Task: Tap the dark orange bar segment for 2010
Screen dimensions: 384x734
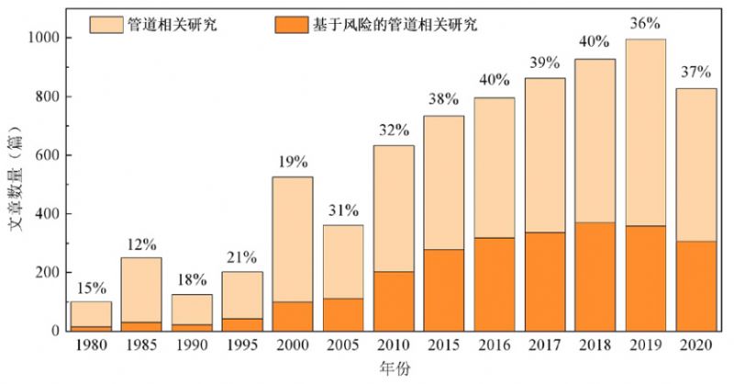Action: tap(393, 300)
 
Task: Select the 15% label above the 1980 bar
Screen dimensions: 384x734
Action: tap(92, 287)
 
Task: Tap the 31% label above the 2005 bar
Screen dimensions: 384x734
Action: tap(344, 210)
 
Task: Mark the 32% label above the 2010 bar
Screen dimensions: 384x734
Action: tap(393, 130)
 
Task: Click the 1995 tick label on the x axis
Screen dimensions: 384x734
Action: tap(242, 347)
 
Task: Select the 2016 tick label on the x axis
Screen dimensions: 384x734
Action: tap(495, 347)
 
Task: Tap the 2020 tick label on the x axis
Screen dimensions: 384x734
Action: tap(695, 347)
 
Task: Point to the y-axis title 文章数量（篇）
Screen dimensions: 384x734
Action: tap(16, 185)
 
